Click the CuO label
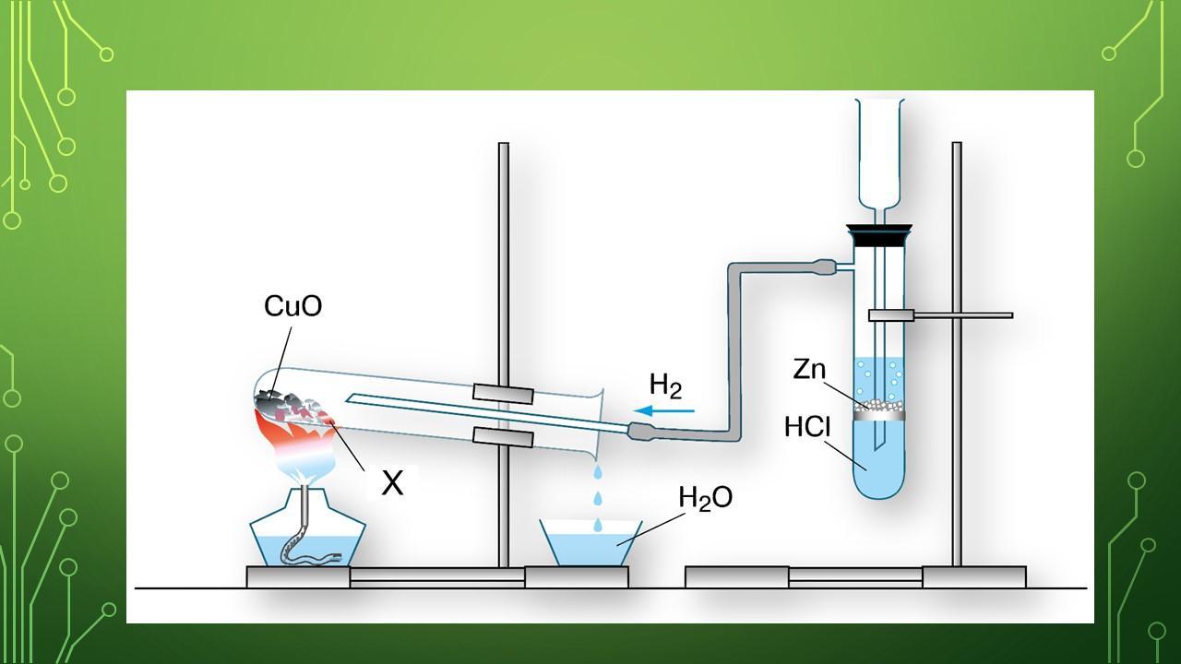(292, 306)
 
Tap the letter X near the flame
(392, 482)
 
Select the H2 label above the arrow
(665, 385)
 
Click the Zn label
(809, 369)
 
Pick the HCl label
(807, 427)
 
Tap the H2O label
(705, 498)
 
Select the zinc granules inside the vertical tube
(878, 405)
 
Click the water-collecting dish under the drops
(590, 544)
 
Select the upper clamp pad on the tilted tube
(503, 393)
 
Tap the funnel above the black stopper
(880, 152)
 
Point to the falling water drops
(597, 498)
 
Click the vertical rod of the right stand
(957, 415)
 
